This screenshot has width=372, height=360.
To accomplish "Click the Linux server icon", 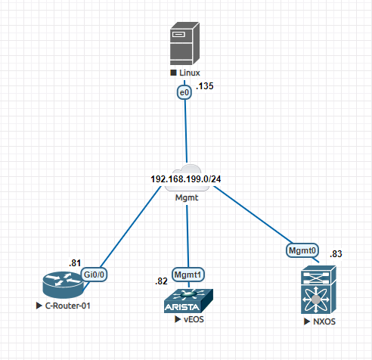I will click(185, 44).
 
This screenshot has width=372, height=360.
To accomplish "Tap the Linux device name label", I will click(189, 73).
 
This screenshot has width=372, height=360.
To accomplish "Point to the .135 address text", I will click(205, 87).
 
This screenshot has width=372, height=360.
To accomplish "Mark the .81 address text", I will click(75, 262).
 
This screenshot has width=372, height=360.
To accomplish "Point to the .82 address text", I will click(161, 281).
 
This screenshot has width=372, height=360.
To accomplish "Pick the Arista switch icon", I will click(188, 301).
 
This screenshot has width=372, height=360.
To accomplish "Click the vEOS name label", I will click(193, 319).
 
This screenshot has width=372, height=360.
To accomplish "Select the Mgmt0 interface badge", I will click(302, 249).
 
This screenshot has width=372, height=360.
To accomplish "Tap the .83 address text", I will click(336, 253).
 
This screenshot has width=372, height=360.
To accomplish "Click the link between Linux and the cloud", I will click(184, 132).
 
